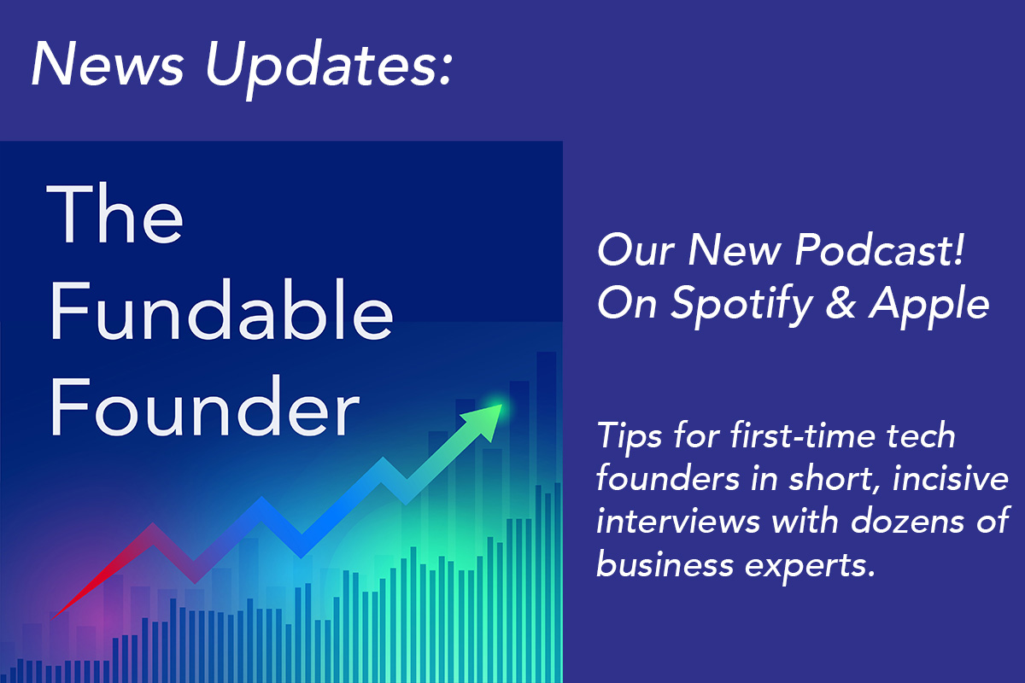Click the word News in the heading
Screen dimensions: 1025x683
[x=108, y=63]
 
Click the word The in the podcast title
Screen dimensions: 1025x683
[x=114, y=213]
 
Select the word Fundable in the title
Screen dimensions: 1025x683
[x=221, y=310]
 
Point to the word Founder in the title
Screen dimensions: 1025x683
[x=204, y=406]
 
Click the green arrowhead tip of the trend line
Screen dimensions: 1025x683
[x=502, y=406]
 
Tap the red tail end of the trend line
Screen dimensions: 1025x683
[x=53, y=618]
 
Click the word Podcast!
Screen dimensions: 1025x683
[x=880, y=250]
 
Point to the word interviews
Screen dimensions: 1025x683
[x=677, y=521]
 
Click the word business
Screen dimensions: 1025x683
[x=665, y=564]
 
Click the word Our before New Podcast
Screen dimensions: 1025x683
[x=635, y=251]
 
